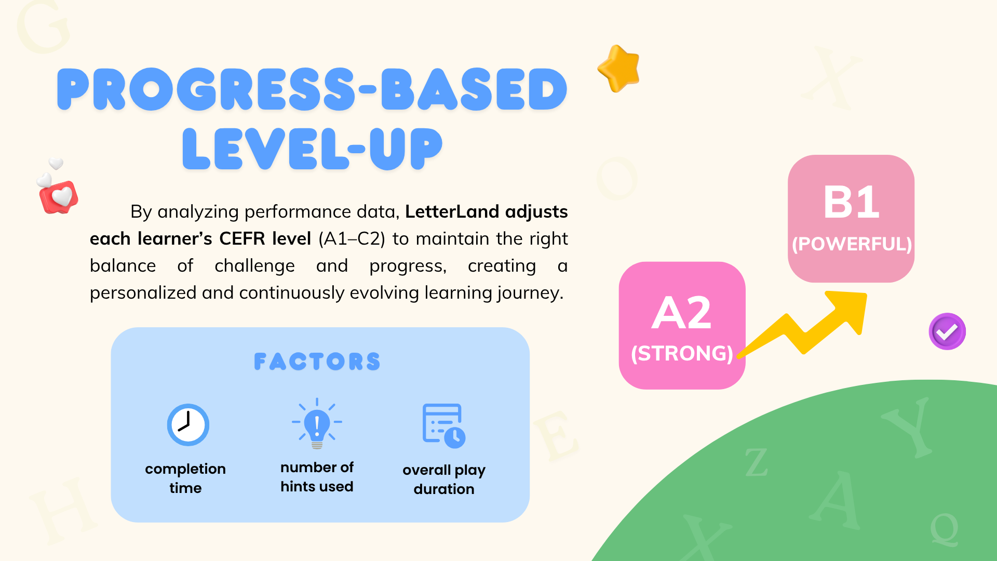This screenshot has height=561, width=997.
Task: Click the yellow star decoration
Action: [x=619, y=69]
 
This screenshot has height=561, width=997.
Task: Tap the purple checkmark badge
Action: [x=947, y=331]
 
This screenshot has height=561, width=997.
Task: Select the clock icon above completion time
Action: [x=188, y=425]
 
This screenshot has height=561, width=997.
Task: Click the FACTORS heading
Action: [x=317, y=362]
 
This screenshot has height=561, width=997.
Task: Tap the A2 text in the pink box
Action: [x=682, y=313]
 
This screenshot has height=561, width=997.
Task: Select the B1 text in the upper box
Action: [x=852, y=202]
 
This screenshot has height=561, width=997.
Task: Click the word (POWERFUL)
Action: [x=852, y=244]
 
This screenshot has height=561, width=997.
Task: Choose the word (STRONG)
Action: [x=682, y=353]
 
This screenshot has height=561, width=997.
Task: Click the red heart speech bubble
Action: [x=59, y=197]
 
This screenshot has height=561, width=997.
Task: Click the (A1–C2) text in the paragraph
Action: [x=352, y=239]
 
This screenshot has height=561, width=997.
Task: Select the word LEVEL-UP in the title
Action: [x=312, y=149]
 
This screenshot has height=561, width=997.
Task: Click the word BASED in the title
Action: [x=474, y=89]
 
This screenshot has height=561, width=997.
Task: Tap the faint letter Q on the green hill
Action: [x=944, y=529]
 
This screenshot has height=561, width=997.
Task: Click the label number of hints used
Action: [x=317, y=477]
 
